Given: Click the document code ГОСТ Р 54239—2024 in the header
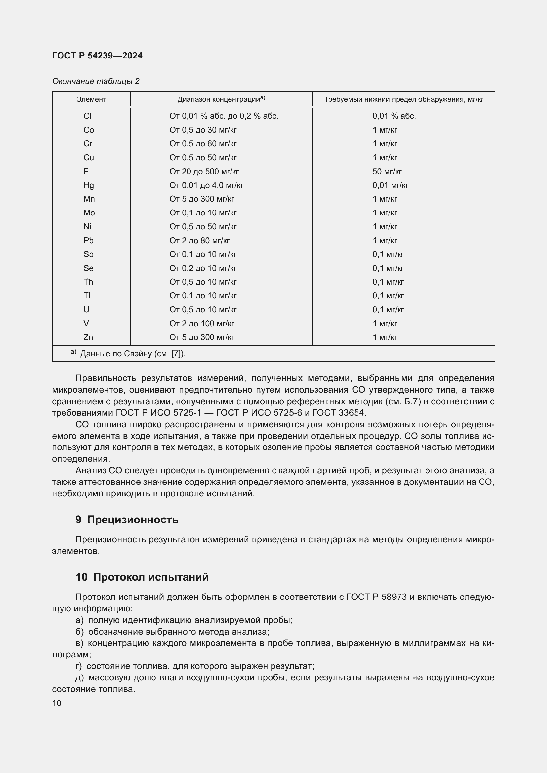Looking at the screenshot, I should [x=97, y=56].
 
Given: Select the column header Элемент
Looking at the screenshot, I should [x=91, y=99].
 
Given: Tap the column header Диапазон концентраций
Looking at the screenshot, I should [x=221, y=99].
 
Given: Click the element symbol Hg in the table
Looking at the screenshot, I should [x=89, y=185].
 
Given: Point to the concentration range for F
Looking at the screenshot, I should [x=204, y=172].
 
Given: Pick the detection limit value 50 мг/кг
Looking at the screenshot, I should [x=387, y=172].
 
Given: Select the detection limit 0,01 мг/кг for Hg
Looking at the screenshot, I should [x=390, y=185].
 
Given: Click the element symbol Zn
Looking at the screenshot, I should [x=88, y=337].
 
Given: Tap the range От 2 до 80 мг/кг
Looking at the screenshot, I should [x=199, y=240].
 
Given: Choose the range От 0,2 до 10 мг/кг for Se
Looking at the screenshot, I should [x=203, y=268].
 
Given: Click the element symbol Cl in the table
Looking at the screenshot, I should [x=87, y=116].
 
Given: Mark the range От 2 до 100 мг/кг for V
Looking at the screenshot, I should [x=202, y=323].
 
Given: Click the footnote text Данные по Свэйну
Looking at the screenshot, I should [x=133, y=354].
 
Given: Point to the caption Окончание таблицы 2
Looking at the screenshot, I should [x=96, y=81].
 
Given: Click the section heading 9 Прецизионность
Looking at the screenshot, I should [x=127, y=520].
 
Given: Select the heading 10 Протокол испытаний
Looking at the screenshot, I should [x=142, y=577].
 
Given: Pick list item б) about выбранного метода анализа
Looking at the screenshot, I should [x=172, y=632].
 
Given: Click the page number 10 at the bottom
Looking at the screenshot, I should [x=57, y=703].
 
